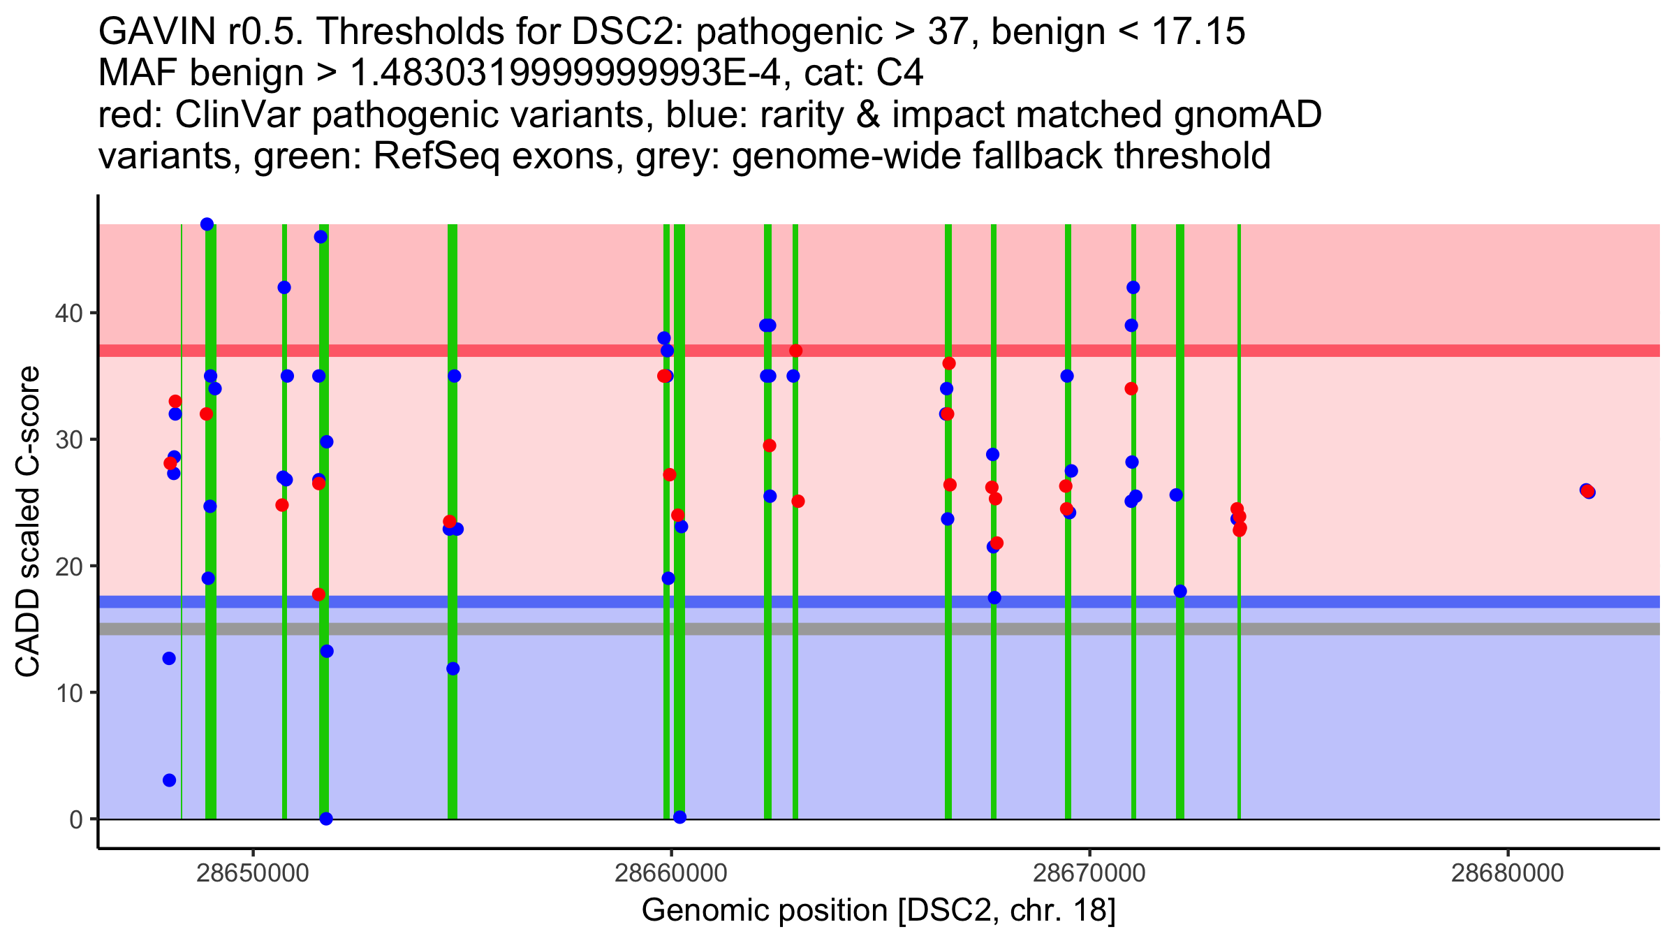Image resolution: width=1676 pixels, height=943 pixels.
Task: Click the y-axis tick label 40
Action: (67, 313)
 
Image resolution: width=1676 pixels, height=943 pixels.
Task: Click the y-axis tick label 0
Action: (75, 819)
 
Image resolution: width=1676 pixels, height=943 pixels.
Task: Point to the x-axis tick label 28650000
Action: (253, 873)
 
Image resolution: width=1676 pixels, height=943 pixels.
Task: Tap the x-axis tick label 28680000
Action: (1507, 873)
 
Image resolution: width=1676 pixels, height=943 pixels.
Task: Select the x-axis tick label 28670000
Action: (1089, 873)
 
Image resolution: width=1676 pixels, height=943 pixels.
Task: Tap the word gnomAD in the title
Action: (1247, 115)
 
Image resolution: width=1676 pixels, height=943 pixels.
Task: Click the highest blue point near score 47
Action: (207, 224)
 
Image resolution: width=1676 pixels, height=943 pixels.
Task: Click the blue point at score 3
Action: (169, 780)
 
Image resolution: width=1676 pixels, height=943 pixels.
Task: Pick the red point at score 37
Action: (795, 351)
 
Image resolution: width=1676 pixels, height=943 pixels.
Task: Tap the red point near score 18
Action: (318, 594)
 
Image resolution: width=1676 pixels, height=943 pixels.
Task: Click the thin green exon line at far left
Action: (182, 699)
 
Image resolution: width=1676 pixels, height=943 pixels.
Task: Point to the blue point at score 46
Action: (321, 237)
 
